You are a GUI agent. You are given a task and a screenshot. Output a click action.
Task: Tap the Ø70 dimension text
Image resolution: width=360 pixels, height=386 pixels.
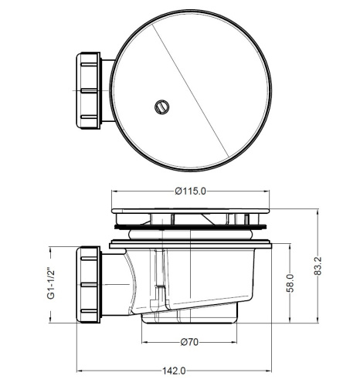pyautogui.click(x=192, y=342)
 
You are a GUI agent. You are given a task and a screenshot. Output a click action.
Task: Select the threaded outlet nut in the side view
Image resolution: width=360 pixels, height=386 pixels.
pyautogui.click(x=92, y=284)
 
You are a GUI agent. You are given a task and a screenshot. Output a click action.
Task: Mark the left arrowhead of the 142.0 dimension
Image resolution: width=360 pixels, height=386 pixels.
pyautogui.click(x=80, y=370)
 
